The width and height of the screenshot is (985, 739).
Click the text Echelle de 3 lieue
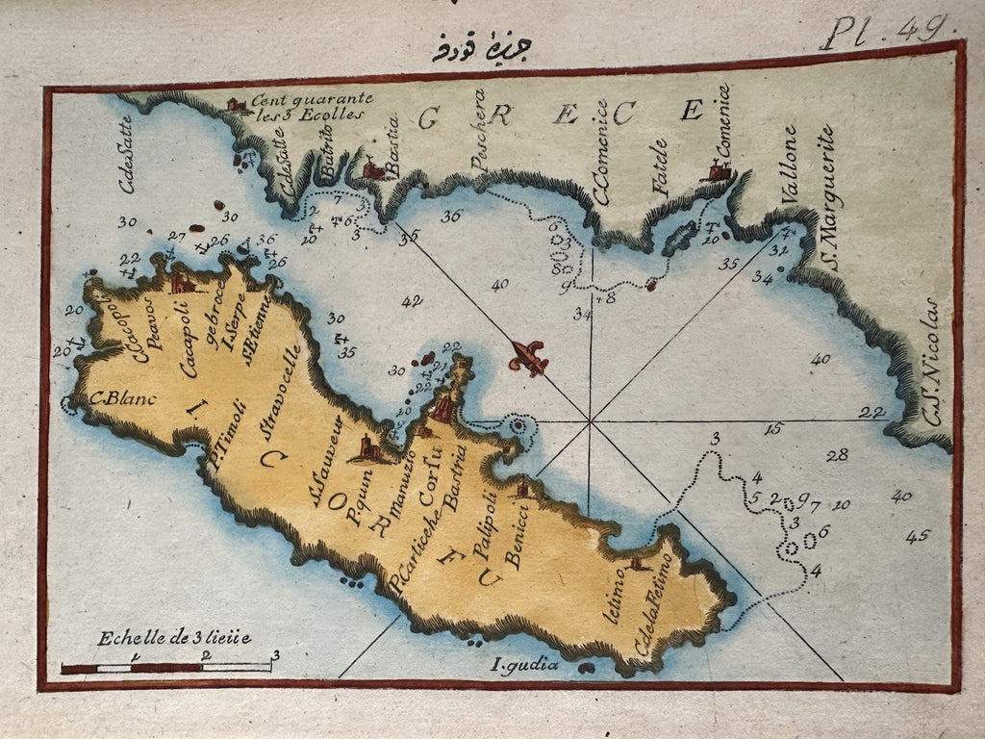point(173,637)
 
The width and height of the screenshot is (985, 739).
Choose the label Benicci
point(512,544)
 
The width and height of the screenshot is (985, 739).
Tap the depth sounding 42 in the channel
point(412,302)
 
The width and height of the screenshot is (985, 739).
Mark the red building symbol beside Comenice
point(718,171)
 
